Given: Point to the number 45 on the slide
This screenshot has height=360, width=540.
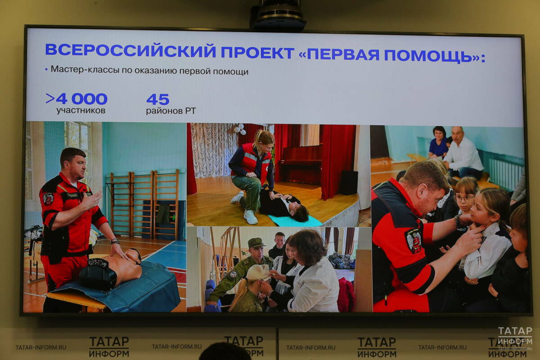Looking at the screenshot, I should tap(157, 99).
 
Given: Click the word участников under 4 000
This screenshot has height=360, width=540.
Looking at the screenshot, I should tap(81, 111).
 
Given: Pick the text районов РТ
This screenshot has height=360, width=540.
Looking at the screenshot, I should tap(171, 111).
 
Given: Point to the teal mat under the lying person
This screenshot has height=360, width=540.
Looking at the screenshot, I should tap(295, 221).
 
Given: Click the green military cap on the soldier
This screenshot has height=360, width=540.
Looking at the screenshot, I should tap(256, 243).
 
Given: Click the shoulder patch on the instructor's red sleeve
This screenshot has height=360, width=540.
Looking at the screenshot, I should tap(413, 240).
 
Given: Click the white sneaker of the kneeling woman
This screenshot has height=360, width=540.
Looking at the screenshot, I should tap(251, 217).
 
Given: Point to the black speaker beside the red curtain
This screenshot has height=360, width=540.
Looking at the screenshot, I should tap(348, 182).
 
